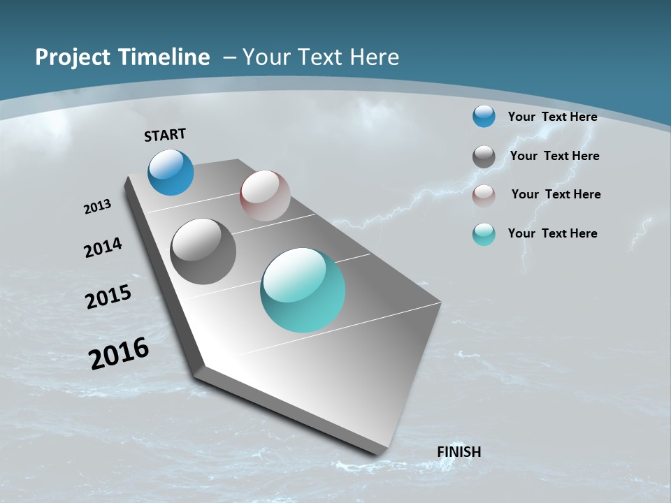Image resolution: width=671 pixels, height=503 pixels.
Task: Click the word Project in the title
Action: pyautogui.click(x=68, y=57)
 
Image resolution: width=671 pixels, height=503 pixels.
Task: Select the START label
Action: pyautogui.click(x=165, y=135)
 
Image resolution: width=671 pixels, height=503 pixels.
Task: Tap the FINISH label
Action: pyautogui.click(x=459, y=452)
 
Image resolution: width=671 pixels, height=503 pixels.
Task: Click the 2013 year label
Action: pyautogui.click(x=97, y=207)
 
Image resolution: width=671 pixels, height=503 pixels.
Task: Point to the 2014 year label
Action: pyautogui.click(x=103, y=247)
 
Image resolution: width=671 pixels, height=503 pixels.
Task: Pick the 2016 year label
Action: pyautogui.click(x=119, y=353)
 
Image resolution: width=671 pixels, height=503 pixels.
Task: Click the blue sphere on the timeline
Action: pyautogui.click(x=171, y=172)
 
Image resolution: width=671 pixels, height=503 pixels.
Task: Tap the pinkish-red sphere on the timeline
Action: pyautogui.click(x=265, y=196)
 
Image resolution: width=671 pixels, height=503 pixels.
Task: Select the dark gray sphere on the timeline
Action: pyautogui.click(x=203, y=251)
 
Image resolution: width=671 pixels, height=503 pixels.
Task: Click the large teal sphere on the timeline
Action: pyautogui.click(x=303, y=290)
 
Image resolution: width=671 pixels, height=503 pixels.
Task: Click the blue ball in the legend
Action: pyautogui.click(x=484, y=116)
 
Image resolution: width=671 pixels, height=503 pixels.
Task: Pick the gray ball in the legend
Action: pyautogui.click(x=484, y=156)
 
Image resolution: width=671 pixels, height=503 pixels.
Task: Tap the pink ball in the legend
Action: pyautogui.click(x=484, y=195)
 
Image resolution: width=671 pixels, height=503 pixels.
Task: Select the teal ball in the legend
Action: pyautogui.click(x=484, y=234)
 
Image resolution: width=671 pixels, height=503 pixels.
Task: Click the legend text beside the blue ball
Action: pyautogui.click(x=552, y=117)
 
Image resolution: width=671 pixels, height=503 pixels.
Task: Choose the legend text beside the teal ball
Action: pyautogui.click(x=552, y=233)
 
